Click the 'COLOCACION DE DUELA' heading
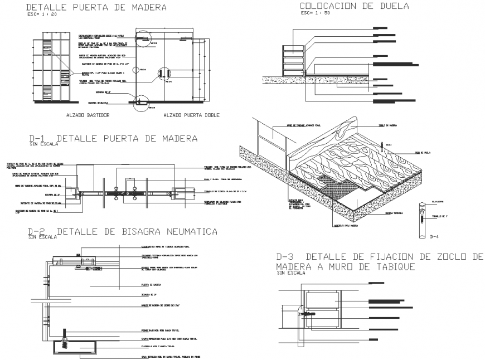click(x=354, y=6)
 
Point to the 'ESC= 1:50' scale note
click(x=316, y=14)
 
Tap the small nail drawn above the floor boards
click(x=383, y=145)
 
